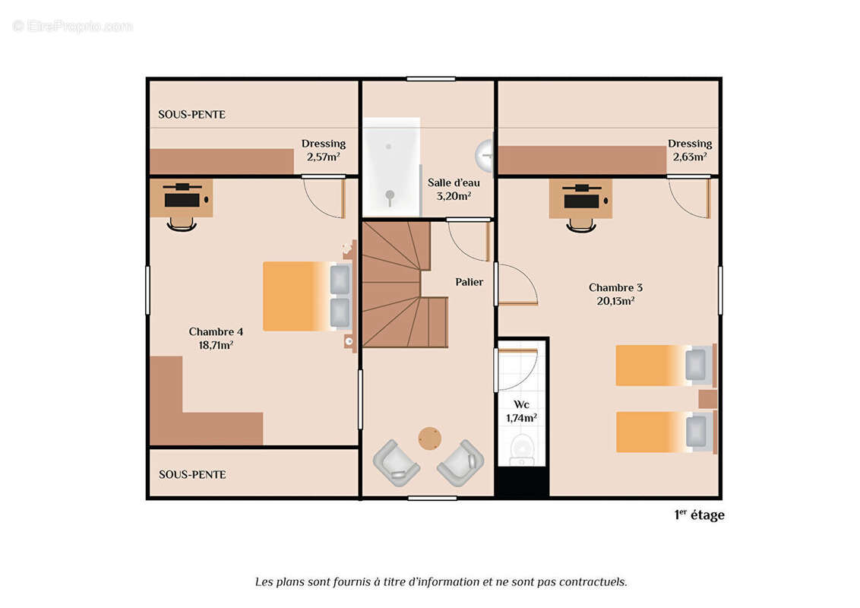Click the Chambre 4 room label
[x=216, y=338]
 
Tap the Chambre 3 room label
[x=615, y=294]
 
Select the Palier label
[x=469, y=282]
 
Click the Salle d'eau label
[x=454, y=189]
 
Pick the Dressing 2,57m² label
[x=324, y=150]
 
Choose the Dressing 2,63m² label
[x=690, y=150]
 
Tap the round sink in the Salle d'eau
[x=485, y=155]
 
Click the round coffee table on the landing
[x=429, y=439]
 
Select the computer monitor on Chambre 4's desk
[x=182, y=200]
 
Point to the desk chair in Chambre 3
[x=581, y=225]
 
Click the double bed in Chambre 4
[x=307, y=296]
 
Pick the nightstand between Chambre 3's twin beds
[x=707, y=399]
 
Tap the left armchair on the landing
[x=396, y=463]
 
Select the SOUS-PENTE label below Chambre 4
[x=192, y=475]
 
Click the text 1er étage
[x=699, y=515]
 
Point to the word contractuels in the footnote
[x=593, y=581]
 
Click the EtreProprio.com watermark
[x=72, y=27]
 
